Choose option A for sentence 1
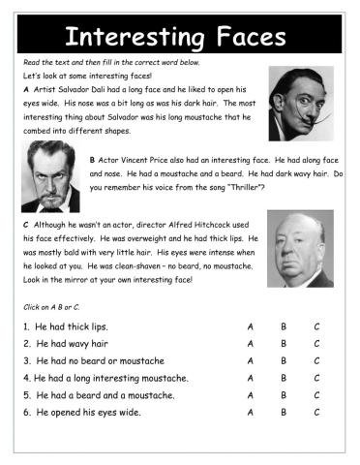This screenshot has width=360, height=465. tap(250, 325)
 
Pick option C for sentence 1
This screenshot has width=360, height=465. tap(316, 325)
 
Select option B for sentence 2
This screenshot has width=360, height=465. tap(283, 343)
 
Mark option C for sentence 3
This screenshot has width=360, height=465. tap(316, 360)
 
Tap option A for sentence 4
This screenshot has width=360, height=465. tap(250, 378)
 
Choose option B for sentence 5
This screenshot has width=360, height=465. tap(283, 395)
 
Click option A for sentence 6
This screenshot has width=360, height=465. tap(250, 413)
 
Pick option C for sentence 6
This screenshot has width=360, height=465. tap(316, 413)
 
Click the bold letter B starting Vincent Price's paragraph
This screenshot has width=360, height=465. tap(92, 160)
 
